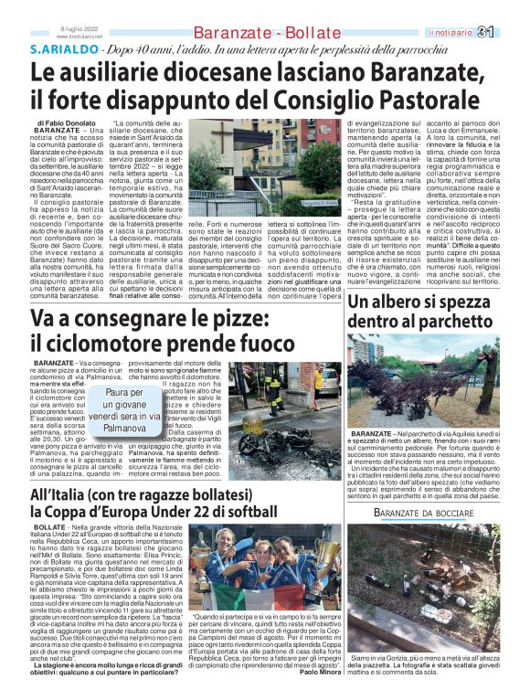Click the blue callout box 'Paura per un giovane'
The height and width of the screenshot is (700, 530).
124,410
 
